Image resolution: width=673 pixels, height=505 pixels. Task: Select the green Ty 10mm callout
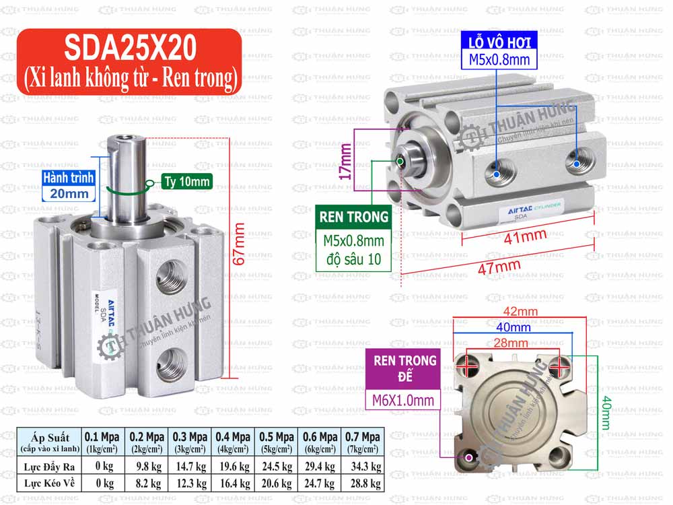(186, 181)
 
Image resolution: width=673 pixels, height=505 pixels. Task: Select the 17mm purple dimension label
(346, 162)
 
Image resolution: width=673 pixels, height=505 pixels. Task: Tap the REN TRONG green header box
(354, 217)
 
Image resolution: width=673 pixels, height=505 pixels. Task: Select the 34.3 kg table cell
(362, 465)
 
